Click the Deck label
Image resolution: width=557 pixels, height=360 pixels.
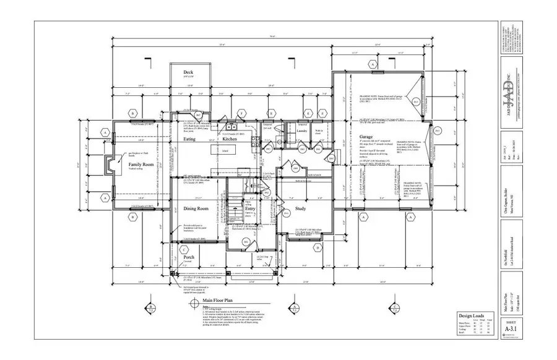(189, 72)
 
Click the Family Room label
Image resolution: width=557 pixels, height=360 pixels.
(140, 165)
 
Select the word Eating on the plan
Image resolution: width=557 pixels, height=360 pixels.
(191, 140)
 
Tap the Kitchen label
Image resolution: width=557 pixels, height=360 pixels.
(230, 140)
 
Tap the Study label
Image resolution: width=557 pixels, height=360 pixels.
(301, 209)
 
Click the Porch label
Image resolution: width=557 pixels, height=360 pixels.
(189, 257)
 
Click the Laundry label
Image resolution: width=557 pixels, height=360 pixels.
(302, 131)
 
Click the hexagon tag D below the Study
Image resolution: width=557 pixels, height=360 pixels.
(317, 249)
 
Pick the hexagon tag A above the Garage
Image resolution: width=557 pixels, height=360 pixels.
(373, 64)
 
